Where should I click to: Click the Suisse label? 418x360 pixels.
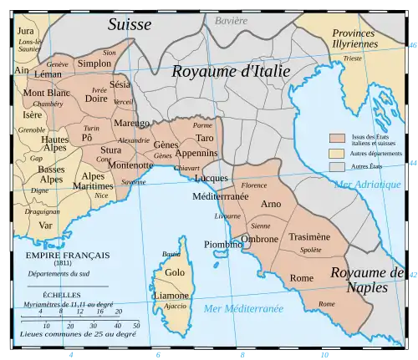click(130, 24)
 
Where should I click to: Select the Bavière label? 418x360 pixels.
click(232, 19)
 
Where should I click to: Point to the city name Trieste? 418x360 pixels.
click(353, 59)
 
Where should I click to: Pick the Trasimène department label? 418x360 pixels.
click(309, 237)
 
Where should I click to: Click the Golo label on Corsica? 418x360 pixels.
click(175, 272)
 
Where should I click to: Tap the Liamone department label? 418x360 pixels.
click(170, 296)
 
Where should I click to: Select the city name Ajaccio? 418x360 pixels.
click(175, 306)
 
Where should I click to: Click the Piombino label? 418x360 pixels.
click(223, 244)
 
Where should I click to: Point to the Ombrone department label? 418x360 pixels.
click(260, 239)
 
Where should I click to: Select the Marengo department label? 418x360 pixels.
click(131, 124)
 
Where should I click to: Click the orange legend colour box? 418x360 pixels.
click(338, 138)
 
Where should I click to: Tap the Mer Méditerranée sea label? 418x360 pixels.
click(244, 309)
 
